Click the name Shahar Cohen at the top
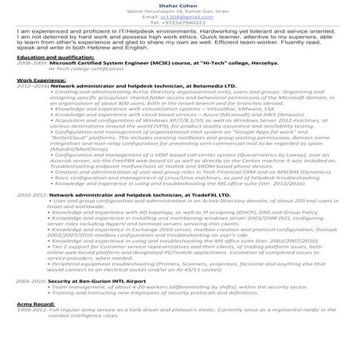click(x=179, y=4)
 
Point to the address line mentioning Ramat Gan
click(x=179, y=10)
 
